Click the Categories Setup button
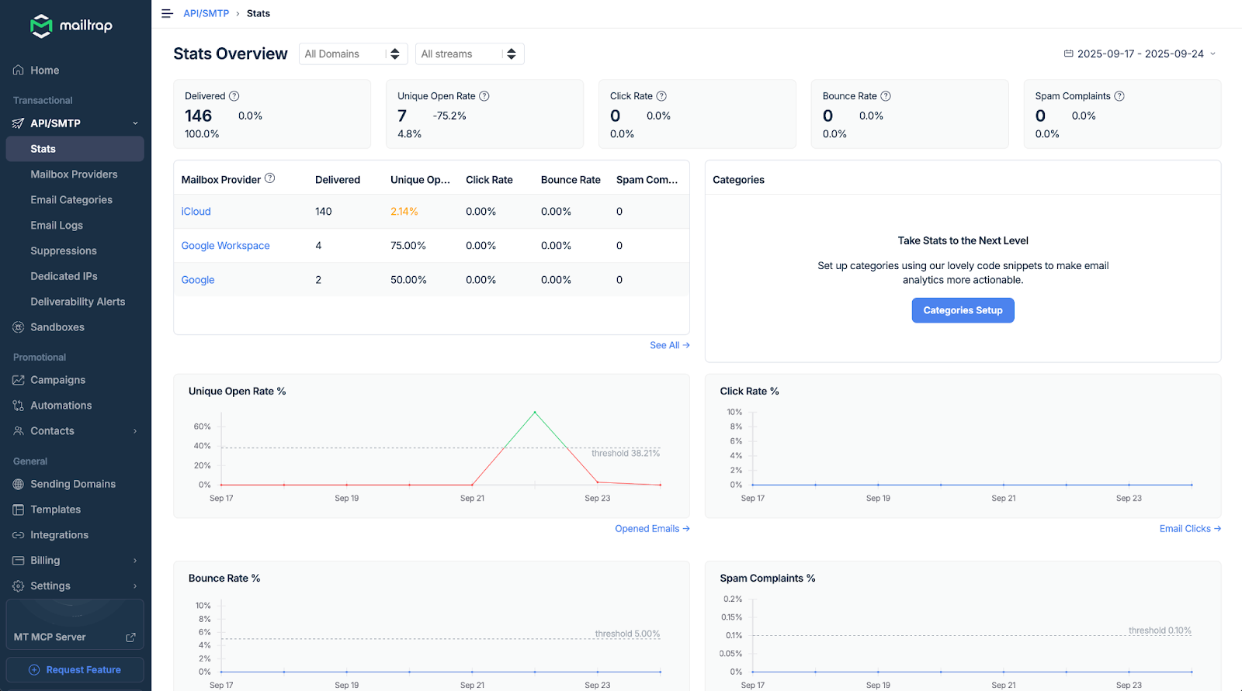(x=963, y=310)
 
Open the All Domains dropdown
(x=353, y=54)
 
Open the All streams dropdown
(x=469, y=54)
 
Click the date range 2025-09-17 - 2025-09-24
(x=1140, y=54)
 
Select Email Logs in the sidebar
(x=57, y=226)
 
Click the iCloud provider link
(x=196, y=212)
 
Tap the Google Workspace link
(x=225, y=246)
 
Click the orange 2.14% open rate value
(x=404, y=212)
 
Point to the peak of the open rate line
(x=535, y=412)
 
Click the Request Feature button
(x=75, y=670)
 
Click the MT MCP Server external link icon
(x=130, y=637)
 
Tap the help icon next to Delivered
(x=234, y=96)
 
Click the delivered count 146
(x=198, y=116)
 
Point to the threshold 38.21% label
(x=625, y=454)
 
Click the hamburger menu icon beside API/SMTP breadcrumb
(x=167, y=14)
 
